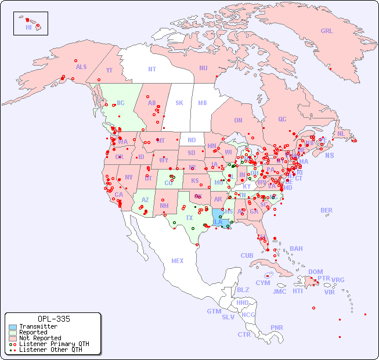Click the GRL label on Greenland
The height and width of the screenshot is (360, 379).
(327, 31)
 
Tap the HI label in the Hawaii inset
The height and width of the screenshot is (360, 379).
(28, 27)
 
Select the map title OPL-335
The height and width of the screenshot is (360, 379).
(53, 319)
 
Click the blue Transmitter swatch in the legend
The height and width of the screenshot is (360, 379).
(12, 327)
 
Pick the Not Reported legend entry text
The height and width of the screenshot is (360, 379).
(40, 338)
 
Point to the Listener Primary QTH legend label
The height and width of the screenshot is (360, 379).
(54, 344)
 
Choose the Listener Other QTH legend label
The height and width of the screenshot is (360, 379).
(50, 350)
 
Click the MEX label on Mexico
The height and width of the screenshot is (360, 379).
(178, 261)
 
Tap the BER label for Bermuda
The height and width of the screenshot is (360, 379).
(327, 210)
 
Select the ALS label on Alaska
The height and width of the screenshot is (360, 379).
(81, 67)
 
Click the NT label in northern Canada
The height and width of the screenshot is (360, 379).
(152, 69)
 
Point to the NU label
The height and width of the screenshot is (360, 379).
(203, 68)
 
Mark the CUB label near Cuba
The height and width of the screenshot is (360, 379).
(247, 255)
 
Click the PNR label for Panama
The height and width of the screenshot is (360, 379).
(277, 327)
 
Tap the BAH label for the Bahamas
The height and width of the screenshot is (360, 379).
(296, 249)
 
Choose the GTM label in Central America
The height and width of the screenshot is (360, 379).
(214, 311)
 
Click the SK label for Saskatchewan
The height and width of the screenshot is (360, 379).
(179, 103)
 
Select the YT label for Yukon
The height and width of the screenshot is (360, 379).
(109, 70)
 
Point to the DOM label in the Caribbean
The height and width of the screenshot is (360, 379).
(315, 272)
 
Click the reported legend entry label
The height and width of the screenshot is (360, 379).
(33, 333)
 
